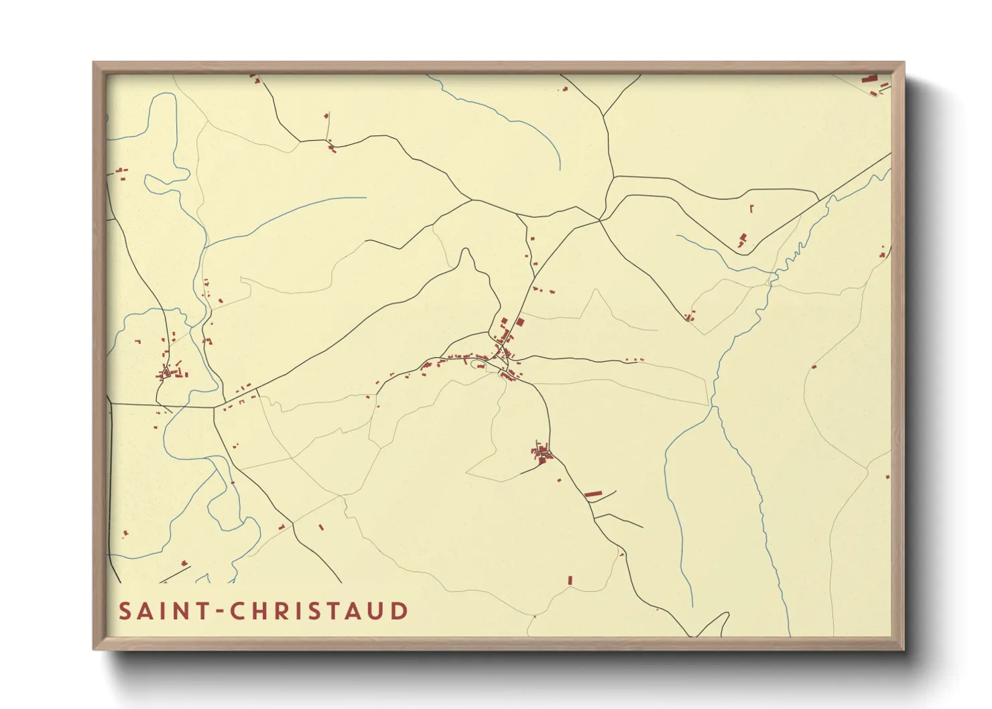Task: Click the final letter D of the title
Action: pyautogui.click(x=400, y=611)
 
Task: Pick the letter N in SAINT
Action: pyautogui.click(x=181, y=611)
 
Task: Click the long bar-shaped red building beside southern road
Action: pyautogui.click(x=593, y=494)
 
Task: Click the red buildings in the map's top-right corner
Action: pyautogui.click(x=873, y=83)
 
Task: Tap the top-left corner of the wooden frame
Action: pyautogui.click(x=94, y=63)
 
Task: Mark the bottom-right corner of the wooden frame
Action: pyautogui.click(x=904, y=649)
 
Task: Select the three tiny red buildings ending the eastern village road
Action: pyautogui.click(x=635, y=361)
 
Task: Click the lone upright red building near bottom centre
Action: pyautogui.click(x=570, y=580)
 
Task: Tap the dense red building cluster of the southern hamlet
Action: pyautogui.click(x=542, y=454)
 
